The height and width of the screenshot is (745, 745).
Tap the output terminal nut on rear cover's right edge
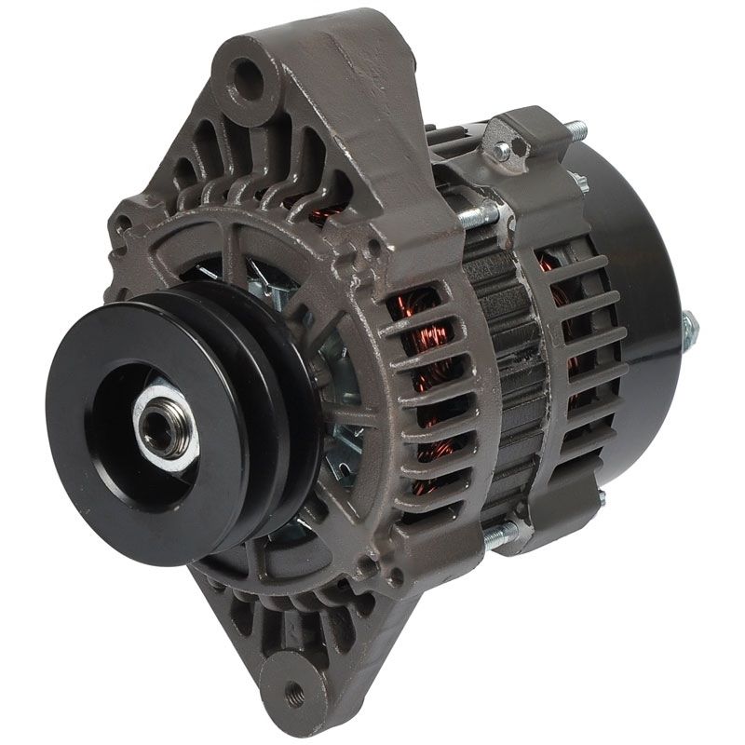(x=689, y=328)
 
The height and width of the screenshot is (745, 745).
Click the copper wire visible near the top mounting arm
(x=321, y=216)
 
